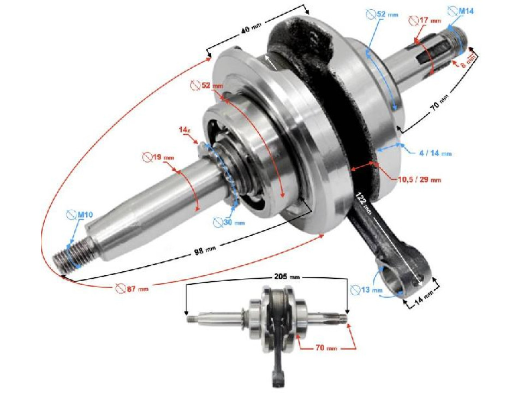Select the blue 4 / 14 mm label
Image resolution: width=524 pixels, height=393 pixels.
click(434, 153)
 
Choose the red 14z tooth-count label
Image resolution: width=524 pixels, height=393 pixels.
click(184, 130)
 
